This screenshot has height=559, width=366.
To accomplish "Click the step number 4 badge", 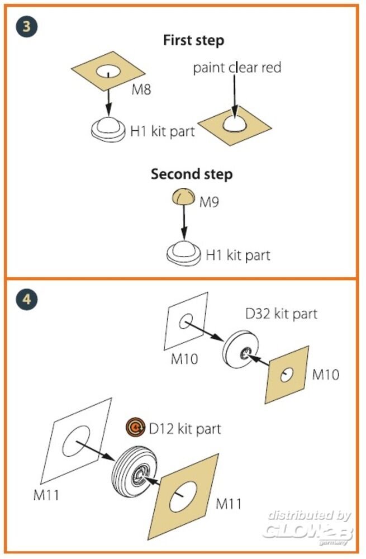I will click(x=27, y=299).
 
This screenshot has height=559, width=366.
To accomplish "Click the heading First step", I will click(x=193, y=40).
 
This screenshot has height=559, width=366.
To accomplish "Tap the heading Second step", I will click(x=192, y=174).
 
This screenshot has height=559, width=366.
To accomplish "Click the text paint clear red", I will click(x=237, y=68).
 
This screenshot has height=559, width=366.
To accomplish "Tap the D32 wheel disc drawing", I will click(x=243, y=350).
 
